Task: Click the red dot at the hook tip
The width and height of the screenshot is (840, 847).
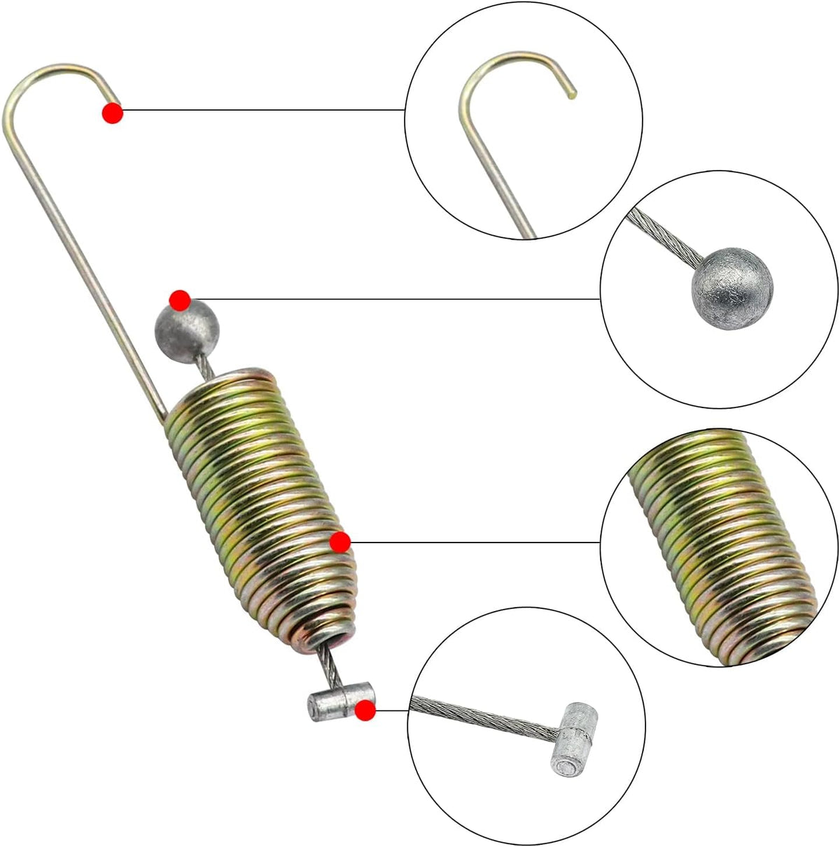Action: (x=112, y=113)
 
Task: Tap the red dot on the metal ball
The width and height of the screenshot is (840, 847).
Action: (x=180, y=300)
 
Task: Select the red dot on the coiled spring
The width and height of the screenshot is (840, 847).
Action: (x=339, y=542)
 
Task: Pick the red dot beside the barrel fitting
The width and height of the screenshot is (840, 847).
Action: (x=364, y=711)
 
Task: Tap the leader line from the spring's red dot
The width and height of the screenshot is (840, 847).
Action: (x=476, y=542)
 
